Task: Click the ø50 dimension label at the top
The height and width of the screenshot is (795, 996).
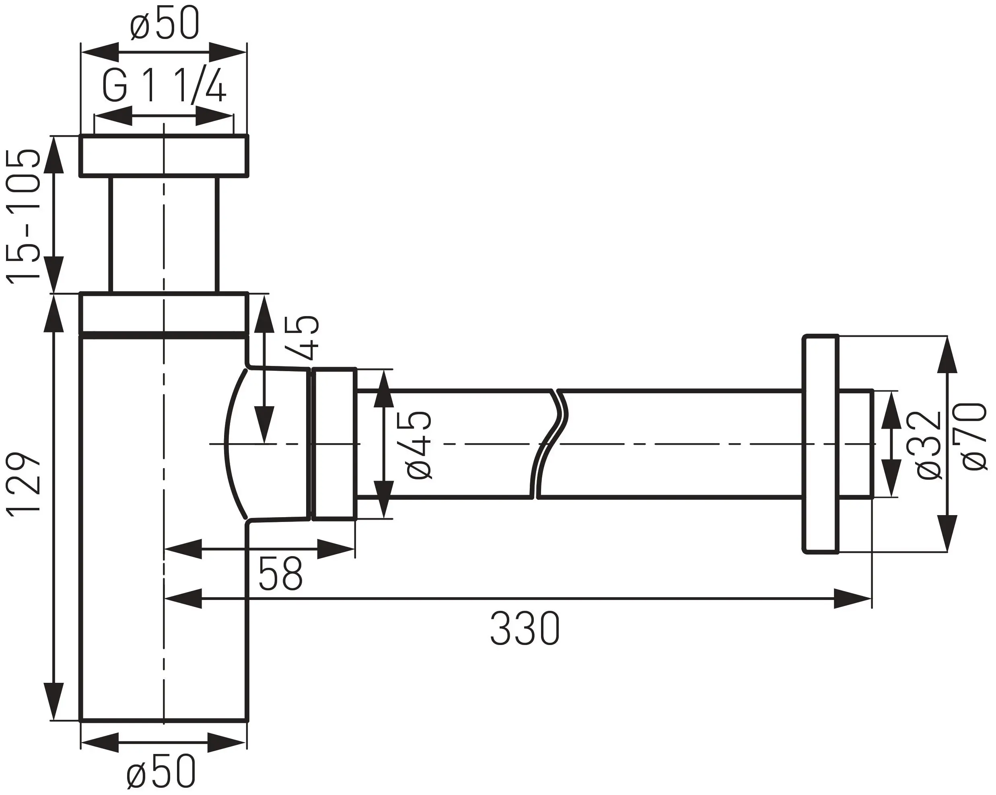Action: (x=165, y=23)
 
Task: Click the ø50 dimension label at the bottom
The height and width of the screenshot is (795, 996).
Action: (x=161, y=771)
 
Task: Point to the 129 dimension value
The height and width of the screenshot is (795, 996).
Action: (x=23, y=485)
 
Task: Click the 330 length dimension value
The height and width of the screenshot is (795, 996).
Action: (x=525, y=628)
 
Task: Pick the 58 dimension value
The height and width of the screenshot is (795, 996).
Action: (x=280, y=573)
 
